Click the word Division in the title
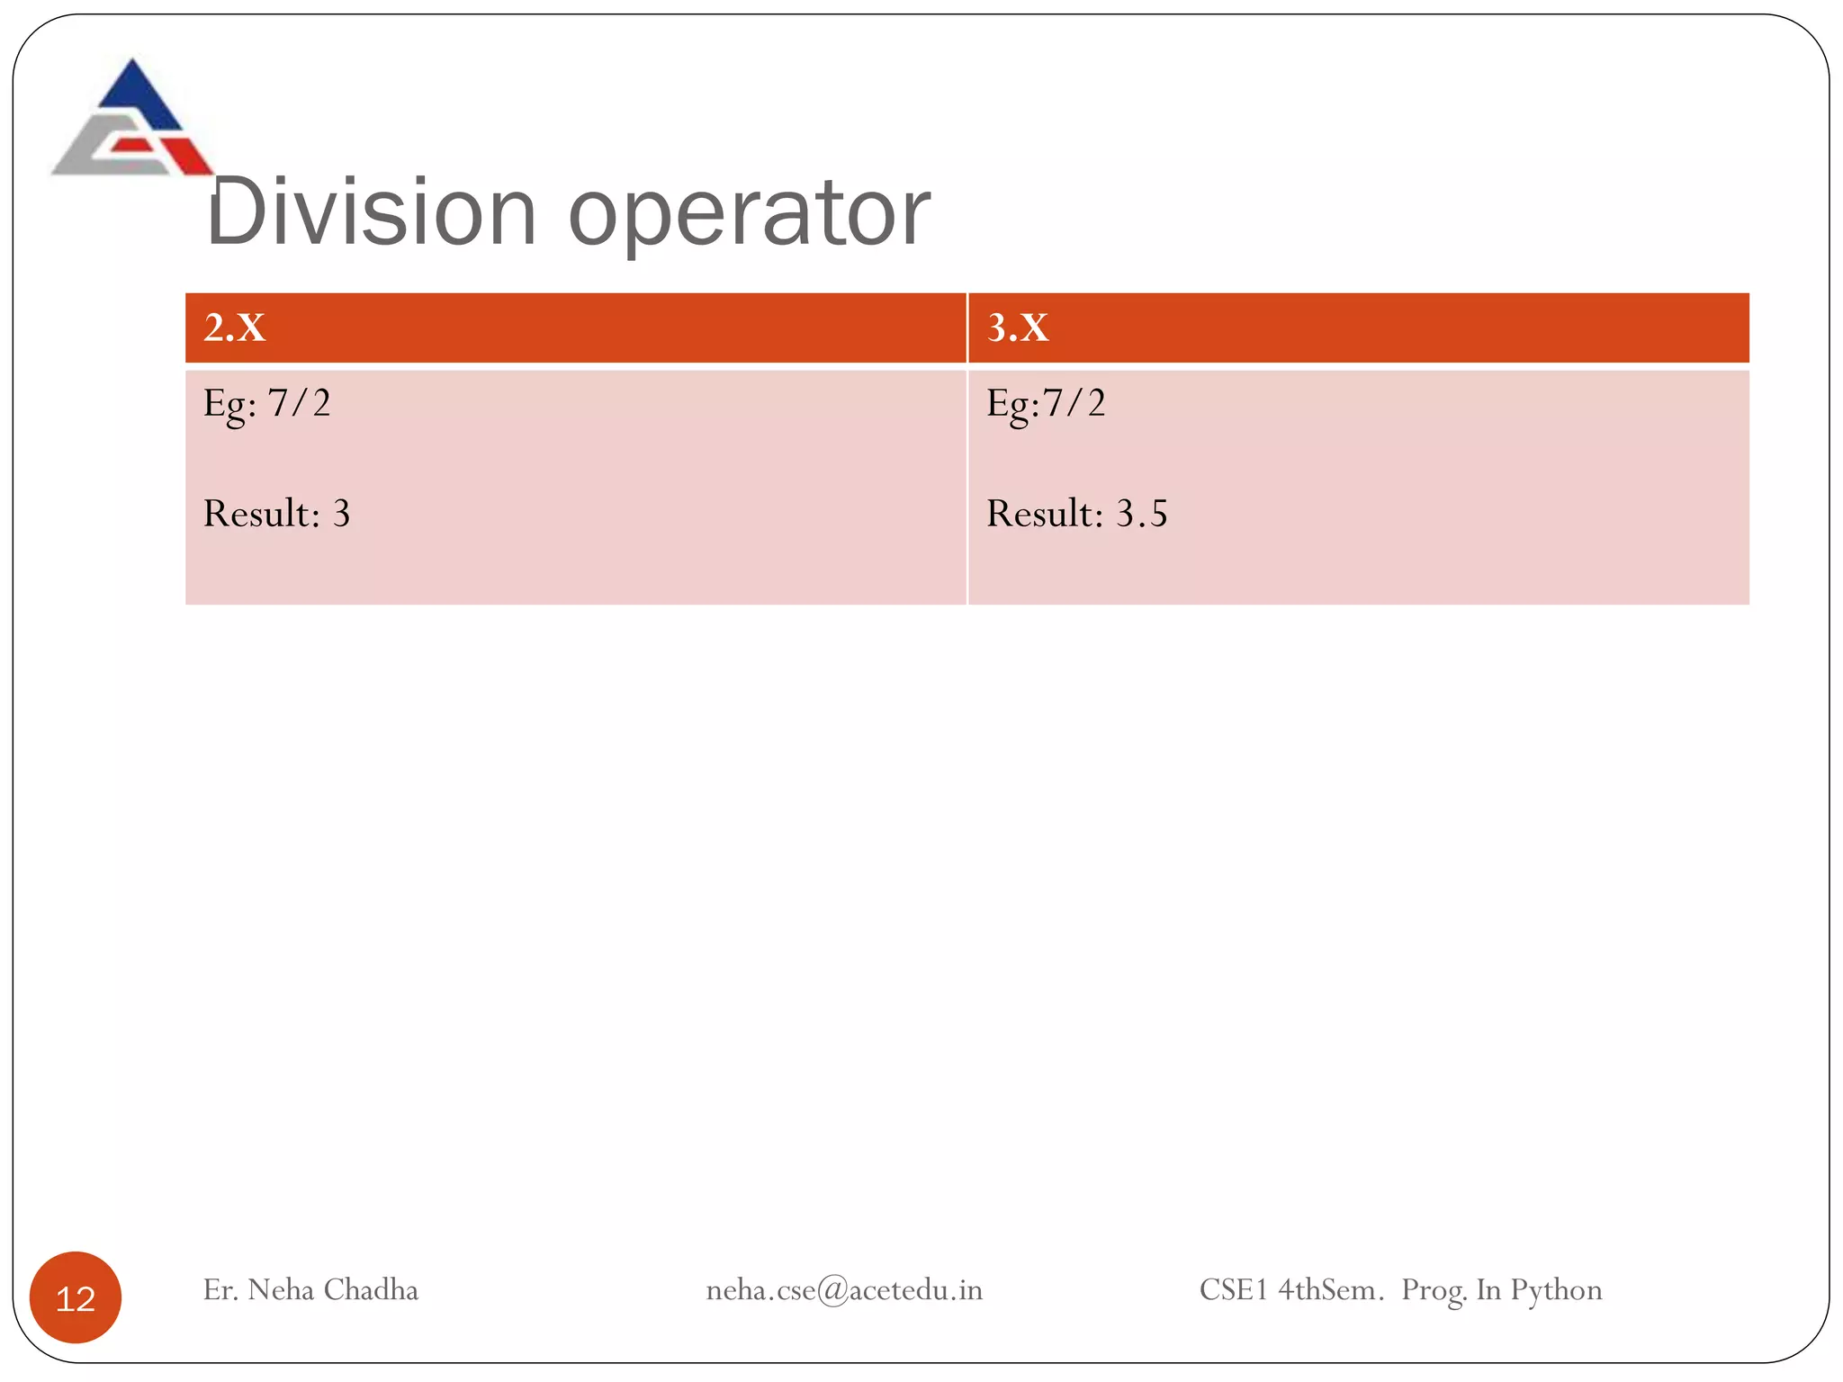[x=372, y=212]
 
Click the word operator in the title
[x=749, y=216]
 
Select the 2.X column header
[x=235, y=328]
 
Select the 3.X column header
[x=1018, y=328]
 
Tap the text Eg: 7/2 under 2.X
[x=266, y=403]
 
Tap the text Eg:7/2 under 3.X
[x=1046, y=403]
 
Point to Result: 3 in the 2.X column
[x=276, y=514]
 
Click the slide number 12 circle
[x=76, y=1297]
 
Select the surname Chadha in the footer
[x=371, y=1290]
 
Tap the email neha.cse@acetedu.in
[x=844, y=1290]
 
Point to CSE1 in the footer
[x=1233, y=1290]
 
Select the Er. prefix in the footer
[x=220, y=1290]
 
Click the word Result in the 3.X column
[x=1044, y=514]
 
